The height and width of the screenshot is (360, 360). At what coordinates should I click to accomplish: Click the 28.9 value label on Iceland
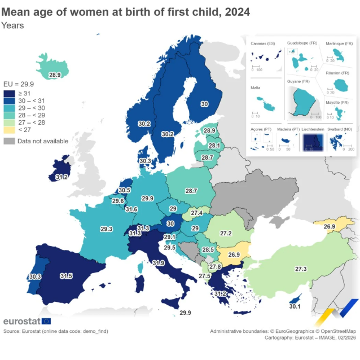click(55, 74)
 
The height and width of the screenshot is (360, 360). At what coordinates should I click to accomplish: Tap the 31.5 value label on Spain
click(66, 276)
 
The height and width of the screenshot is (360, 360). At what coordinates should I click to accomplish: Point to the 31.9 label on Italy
click(159, 263)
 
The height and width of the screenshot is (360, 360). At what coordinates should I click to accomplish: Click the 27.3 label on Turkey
click(300, 269)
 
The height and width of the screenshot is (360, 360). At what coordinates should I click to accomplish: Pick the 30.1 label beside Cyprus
click(295, 307)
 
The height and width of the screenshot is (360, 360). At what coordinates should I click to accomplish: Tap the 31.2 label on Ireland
click(62, 177)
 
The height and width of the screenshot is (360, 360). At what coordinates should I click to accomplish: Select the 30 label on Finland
click(204, 104)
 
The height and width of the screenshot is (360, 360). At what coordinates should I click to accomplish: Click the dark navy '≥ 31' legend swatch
click(10, 93)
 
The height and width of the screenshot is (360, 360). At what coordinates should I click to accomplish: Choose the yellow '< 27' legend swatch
click(10, 130)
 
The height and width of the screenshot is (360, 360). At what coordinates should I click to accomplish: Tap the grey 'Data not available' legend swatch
click(10, 141)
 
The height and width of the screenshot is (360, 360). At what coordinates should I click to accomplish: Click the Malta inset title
click(257, 88)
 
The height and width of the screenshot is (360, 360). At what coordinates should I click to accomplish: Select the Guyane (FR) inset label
click(298, 82)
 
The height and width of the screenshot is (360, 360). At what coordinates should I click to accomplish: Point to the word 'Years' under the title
click(12, 25)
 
